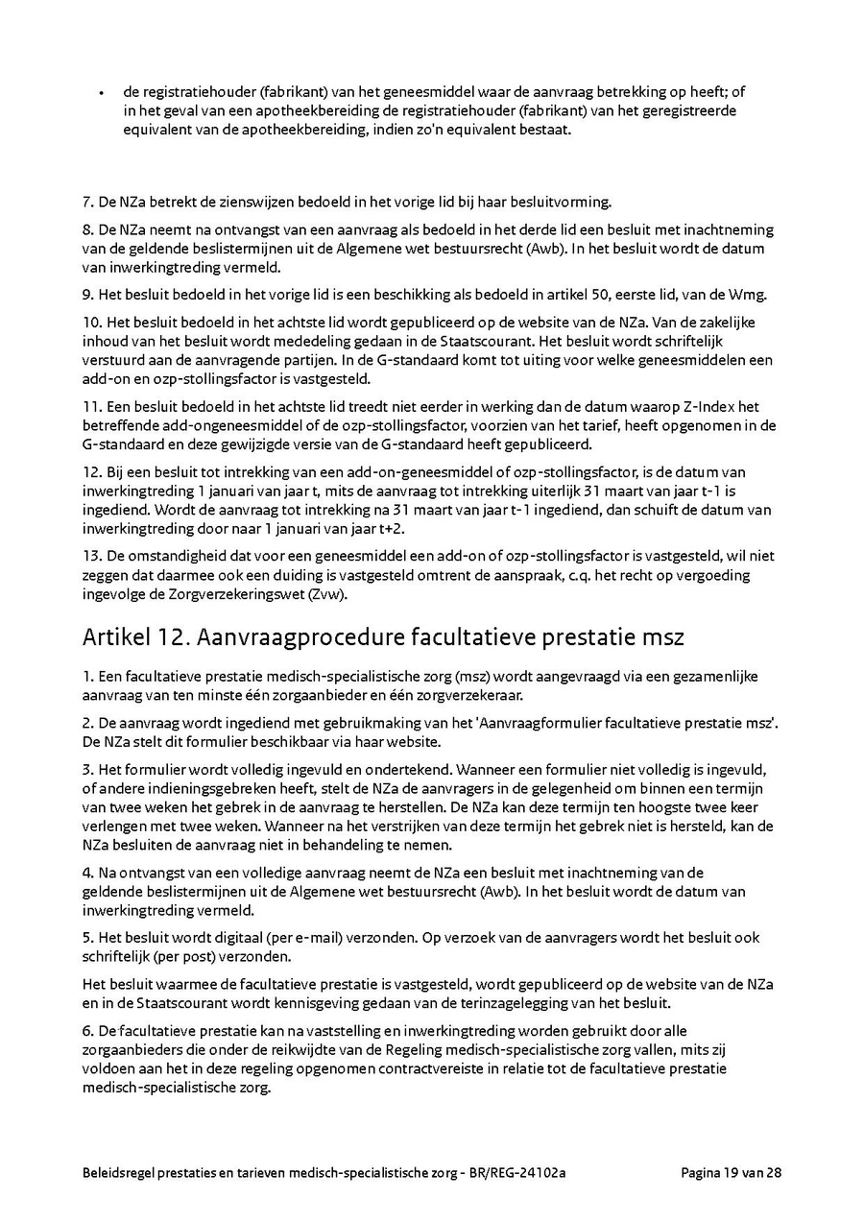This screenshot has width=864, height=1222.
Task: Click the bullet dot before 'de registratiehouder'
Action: click(101, 94)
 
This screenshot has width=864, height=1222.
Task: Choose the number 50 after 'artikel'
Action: click(557, 293)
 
